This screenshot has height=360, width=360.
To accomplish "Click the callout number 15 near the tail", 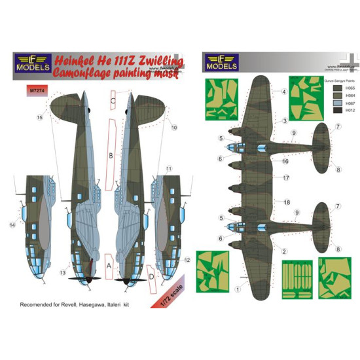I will [40, 117].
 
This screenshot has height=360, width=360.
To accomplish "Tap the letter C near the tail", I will [113, 101].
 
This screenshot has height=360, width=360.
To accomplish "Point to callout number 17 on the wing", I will [285, 177].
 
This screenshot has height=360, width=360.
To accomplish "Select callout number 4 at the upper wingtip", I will [284, 92].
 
